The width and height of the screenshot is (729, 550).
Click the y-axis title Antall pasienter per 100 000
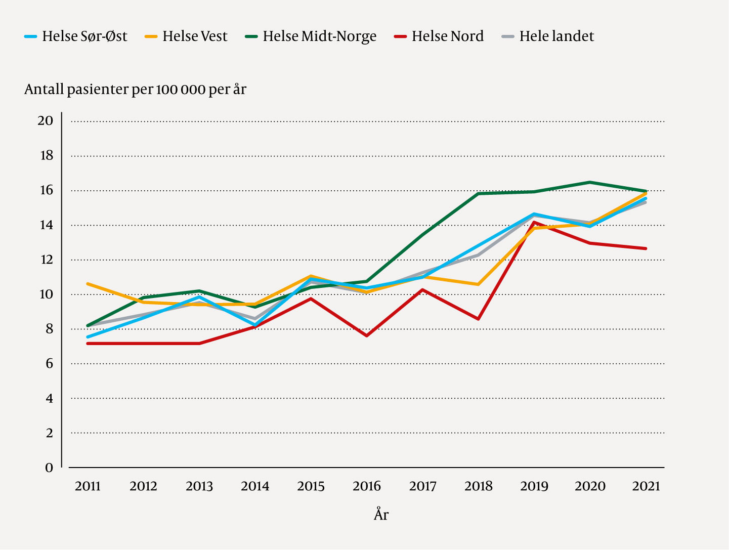click(x=135, y=90)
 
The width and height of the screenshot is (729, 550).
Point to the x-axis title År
click(x=381, y=515)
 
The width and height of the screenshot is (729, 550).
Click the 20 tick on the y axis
click(x=46, y=121)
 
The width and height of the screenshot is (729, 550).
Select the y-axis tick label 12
click(x=46, y=260)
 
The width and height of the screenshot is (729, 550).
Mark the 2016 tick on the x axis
click(x=367, y=487)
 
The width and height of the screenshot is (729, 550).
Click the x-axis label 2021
click(x=646, y=487)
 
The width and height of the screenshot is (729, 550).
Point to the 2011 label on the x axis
click(x=88, y=487)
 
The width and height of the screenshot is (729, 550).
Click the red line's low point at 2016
click(x=366, y=335)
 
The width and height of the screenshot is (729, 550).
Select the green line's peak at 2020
click(x=590, y=182)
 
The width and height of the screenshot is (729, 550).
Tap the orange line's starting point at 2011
click(x=88, y=284)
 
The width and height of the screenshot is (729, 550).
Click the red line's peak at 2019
click(x=534, y=222)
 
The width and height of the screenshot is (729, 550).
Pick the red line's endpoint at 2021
click(x=646, y=248)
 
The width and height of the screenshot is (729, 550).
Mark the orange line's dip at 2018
click(x=478, y=284)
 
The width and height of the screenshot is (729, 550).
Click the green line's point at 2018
click(x=478, y=193)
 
